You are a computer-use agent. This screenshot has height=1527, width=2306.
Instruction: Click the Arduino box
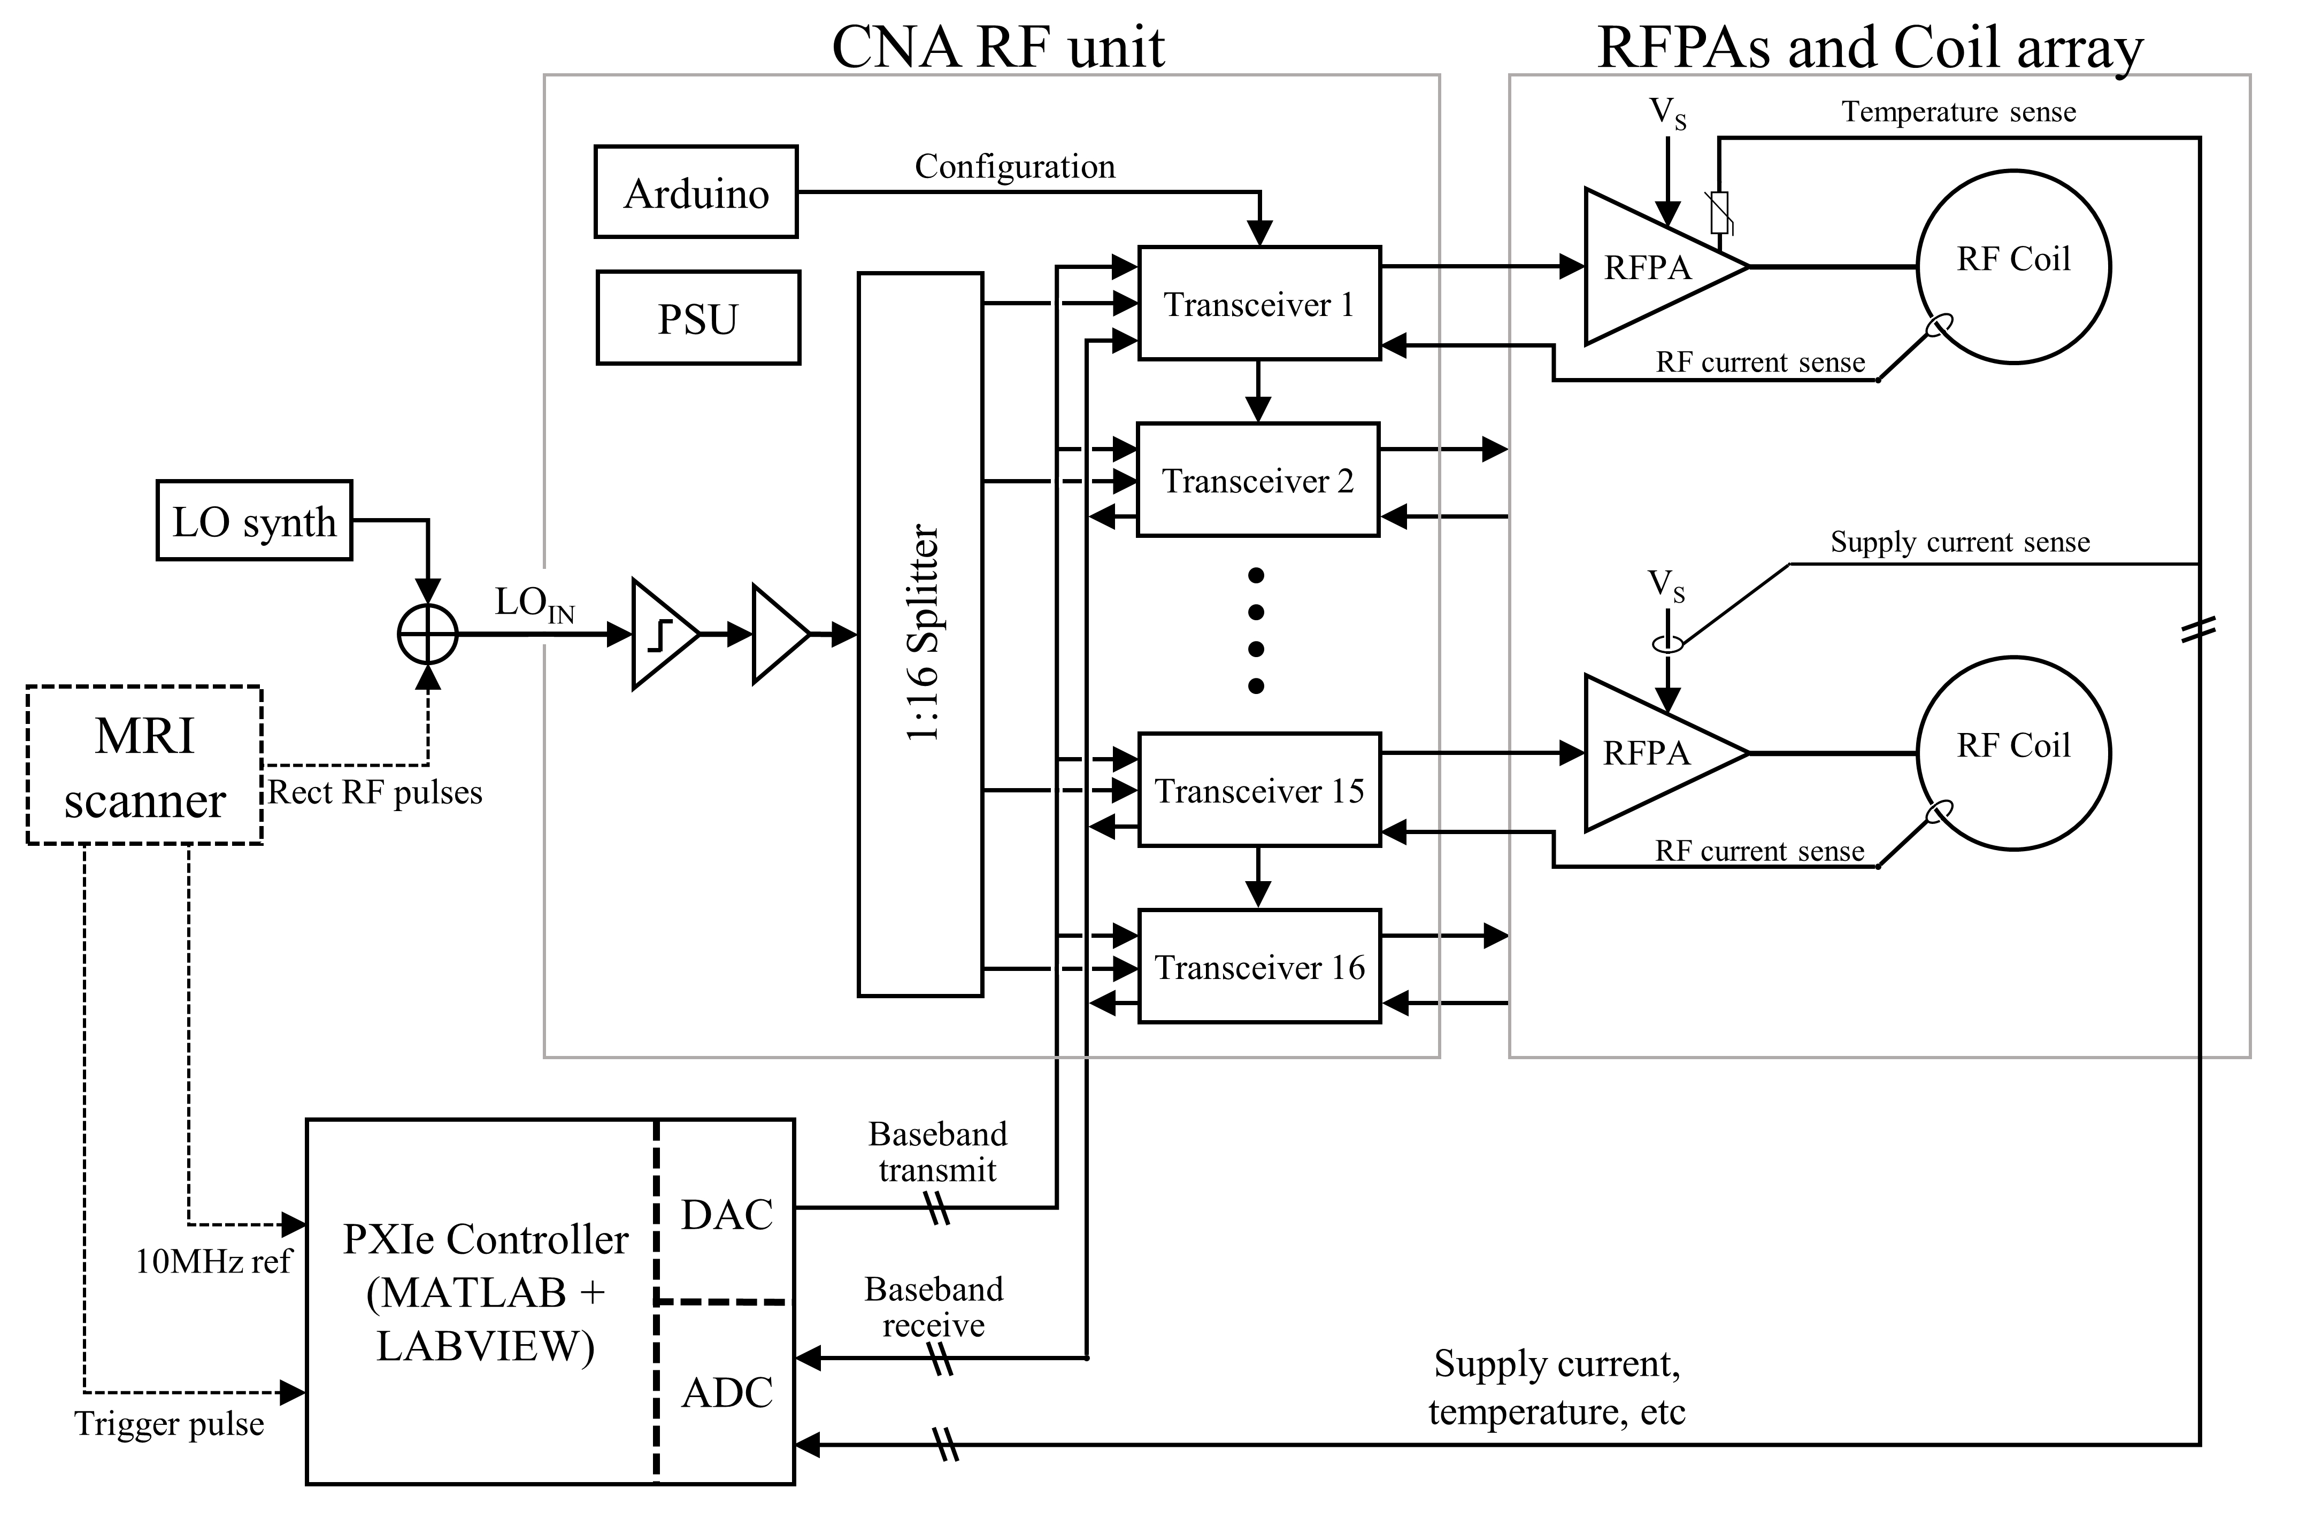coord(695,192)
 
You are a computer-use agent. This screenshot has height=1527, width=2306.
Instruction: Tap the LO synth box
coord(254,520)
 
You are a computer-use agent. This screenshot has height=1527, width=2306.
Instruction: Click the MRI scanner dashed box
coord(144,766)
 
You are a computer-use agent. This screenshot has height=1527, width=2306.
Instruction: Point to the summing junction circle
coord(427,634)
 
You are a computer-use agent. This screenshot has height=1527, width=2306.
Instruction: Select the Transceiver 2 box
coord(1257,480)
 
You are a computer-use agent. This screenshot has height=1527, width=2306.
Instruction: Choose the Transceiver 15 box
coord(1258,790)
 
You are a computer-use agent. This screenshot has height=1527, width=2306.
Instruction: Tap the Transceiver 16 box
coord(1258,967)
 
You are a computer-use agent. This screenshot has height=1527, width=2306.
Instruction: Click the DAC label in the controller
coord(726,1214)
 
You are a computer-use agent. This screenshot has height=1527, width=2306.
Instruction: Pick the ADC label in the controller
coord(726,1393)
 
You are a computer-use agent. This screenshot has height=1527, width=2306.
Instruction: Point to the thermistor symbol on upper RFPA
coord(1720,212)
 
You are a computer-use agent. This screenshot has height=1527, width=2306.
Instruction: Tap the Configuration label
coord(1014,166)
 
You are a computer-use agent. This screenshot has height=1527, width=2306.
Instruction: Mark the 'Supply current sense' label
coord(1959,542)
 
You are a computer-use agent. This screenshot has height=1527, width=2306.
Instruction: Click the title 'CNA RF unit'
coord(997,47)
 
